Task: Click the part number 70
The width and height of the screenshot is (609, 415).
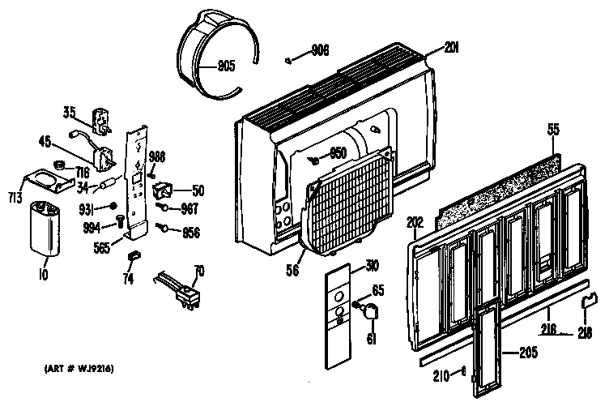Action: coord(198,270)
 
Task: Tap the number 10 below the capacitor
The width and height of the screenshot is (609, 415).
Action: coord(42,275)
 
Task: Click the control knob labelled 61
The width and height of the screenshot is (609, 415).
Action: coord(368,311)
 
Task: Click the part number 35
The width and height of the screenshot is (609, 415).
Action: coord(70,113)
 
